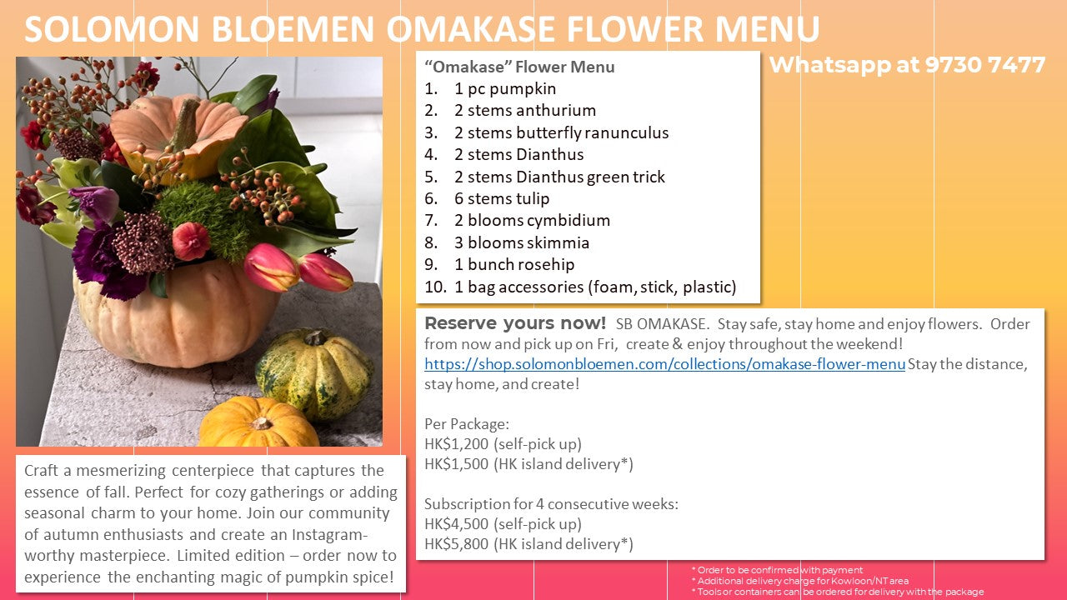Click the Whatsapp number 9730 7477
(x=985, y=65)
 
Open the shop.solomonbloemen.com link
(x=664, y=364)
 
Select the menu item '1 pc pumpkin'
(x=505, y=89)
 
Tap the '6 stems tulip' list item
(x=502, y=198)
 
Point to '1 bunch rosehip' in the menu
(x=514, y=264)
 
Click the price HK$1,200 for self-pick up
(x=456, y=444)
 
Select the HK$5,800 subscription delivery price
(x=456, y=544)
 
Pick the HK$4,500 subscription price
(x=456, y=524)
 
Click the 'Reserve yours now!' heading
(x=515, y=323)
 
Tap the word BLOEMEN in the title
(x=292, y=29)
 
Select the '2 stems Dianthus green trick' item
(x=559, y=177)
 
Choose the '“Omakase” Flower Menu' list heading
(x=519, y=67)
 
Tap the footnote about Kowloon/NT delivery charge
(x=799, y=581)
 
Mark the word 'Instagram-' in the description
(x=329, y=535)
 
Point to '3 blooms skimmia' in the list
(x=522, y=242)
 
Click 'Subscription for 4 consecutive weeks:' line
(x=551, y=504)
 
